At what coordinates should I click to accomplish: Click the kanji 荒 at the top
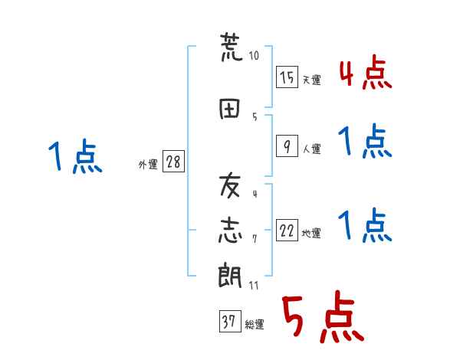(232, 47)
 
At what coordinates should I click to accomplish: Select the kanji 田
(229, 109)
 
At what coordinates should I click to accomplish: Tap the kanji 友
(230, 185)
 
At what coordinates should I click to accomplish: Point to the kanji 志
(230, 231)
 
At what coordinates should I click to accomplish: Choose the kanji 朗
(230, 275)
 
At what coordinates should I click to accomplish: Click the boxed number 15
(287, 77)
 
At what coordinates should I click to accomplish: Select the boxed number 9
(287, 146)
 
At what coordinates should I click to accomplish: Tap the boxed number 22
(287, 230)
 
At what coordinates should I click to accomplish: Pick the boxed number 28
(173, 162)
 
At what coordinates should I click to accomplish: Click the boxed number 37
(230, 321)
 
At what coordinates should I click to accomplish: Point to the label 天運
(311, 80)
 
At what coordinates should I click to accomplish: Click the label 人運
(311, 149)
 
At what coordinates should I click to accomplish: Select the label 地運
(311, 234)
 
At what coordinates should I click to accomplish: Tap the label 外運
(148, 165)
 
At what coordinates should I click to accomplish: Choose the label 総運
(255, 325)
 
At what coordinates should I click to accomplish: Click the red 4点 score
(366, 72)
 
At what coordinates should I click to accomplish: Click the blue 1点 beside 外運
(75, 156)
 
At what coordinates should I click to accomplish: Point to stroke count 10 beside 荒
(254, 56)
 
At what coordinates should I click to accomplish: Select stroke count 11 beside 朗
(254, 285)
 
